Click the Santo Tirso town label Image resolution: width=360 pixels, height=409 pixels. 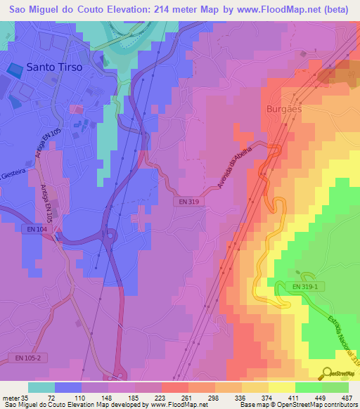point(53,67)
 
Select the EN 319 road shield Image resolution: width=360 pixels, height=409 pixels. point(184,201)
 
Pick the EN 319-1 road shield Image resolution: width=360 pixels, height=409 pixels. point(305,286)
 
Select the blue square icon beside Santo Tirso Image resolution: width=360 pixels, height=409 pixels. point(14,69)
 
